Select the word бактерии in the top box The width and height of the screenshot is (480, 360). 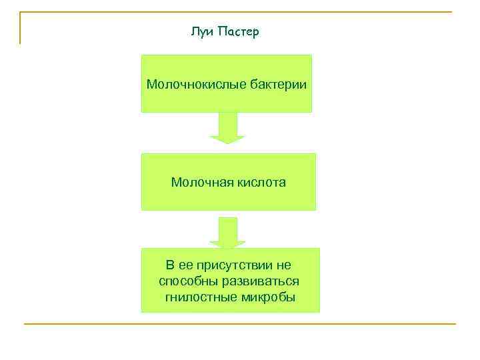[280, 85]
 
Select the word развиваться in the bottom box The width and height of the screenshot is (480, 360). [260, 281]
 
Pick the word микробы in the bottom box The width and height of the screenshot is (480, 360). [267, 297]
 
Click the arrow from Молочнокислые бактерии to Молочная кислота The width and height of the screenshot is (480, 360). [227, 128]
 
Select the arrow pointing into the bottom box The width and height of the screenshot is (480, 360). [227, 232]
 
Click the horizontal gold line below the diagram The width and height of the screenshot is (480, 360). [240, 324]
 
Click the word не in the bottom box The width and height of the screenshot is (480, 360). [284, 265]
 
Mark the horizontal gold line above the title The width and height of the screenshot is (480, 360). [240, 12]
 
